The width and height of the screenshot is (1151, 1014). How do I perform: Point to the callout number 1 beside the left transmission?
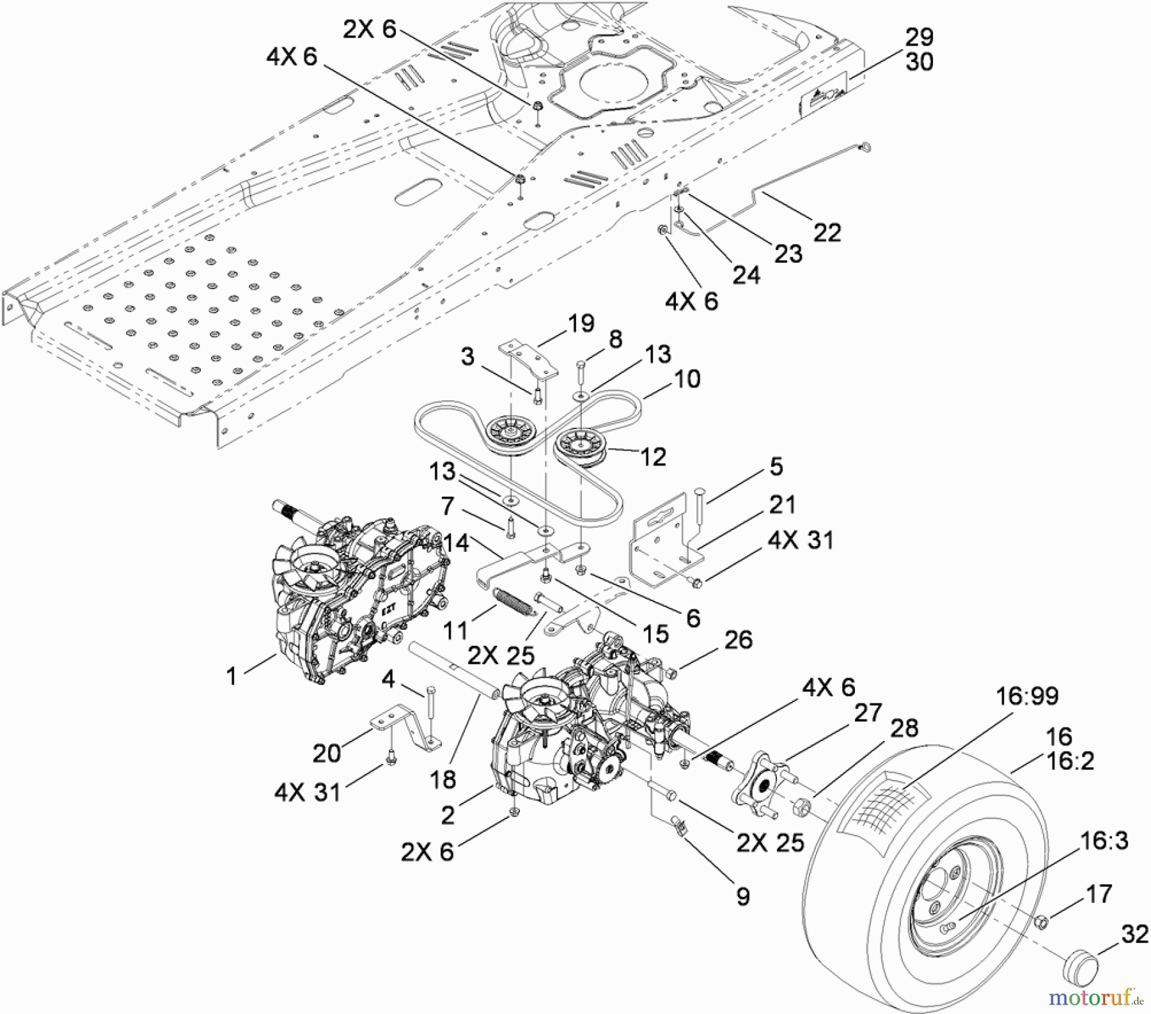(x=231, y=676)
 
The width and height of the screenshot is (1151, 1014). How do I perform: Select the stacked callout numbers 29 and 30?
(x=919, y=50)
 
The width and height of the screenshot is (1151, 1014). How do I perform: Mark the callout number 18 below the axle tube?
(x=442, y=779)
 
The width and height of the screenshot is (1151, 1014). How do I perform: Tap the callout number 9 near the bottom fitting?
(x=742, y=896)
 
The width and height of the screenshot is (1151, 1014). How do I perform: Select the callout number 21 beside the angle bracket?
(x=781, y=504)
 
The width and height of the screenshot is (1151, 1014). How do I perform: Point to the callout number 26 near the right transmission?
(x=739, y=639)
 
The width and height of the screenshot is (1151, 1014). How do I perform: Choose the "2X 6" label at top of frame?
(x=370, y=29)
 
